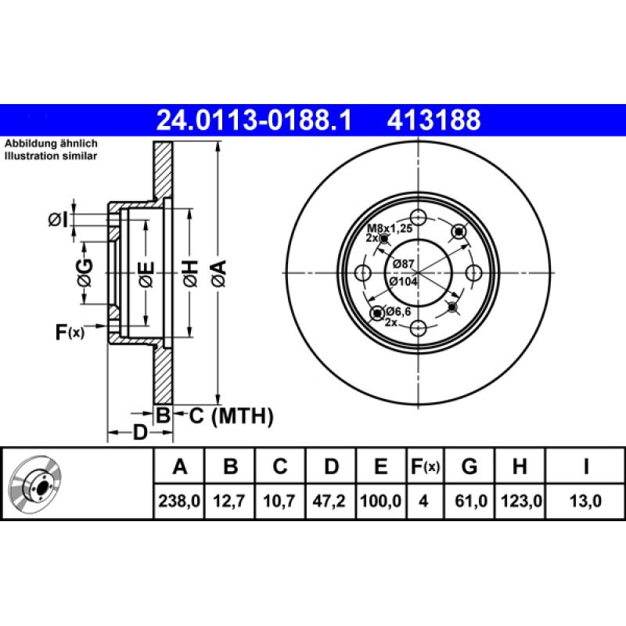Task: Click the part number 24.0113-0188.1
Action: tap(255, 121)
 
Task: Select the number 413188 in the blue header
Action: tap(433, 121)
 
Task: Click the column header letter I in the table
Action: tap(585, 467)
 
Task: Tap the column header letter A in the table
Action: tap(180, 467)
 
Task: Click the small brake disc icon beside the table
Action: tap(35, 484)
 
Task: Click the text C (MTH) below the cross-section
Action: tap(232, 416)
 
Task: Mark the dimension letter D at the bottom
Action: tap(140, 432)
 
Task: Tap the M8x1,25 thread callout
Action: tap(390, 228)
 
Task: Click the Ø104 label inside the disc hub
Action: tap(405, 281)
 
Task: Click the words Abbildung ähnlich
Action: tap(51, 145)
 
